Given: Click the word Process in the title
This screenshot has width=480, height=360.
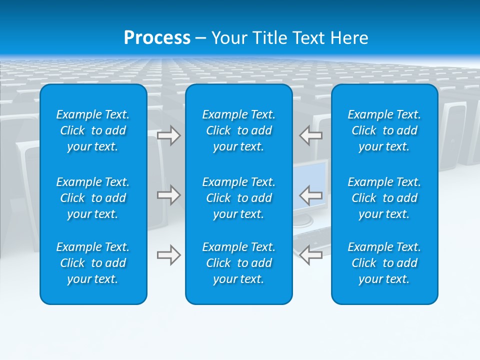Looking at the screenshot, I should pyautogui.click(x=157, y=38).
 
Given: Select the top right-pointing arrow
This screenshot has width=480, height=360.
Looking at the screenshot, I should pyautogui.click(x=169, y=135).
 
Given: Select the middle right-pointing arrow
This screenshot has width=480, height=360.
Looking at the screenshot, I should pyautogui.click(x=169, y=195).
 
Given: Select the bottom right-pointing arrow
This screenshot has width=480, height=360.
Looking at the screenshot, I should pyautogui.click(x=169, y=255).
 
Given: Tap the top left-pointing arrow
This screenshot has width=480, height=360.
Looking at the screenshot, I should pyautogui.click(x=311, y=135).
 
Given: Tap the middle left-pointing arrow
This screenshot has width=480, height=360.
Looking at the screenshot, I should pyautogui.click(x=311, y=195).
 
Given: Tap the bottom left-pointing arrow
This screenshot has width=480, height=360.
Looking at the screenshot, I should pyautogui.click(x=311, y=255).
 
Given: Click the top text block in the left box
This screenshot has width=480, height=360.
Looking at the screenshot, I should pyautogui.click(x=93, y=130).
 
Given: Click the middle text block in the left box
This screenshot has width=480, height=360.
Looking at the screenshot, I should pyautogui.click(x=93, y=198).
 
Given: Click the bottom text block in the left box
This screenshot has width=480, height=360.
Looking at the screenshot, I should pyautogui.click(x=93, y=263).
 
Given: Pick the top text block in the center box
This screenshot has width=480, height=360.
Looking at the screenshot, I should pyautogui.click(x=239, y=130).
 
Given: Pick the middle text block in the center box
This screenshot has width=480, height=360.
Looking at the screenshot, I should pyautogui.click(x=239, y=198).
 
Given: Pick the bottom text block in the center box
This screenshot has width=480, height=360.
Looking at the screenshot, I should pyautogui.click(x=239, y=263).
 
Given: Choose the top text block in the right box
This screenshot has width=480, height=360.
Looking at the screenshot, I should pyautogui.click(x=384, y=130).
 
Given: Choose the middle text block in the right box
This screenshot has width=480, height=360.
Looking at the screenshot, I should pyautogui.click(x=384, y=198).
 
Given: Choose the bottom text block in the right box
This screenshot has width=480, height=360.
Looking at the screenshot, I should pyautogui.click(x=384, y=263).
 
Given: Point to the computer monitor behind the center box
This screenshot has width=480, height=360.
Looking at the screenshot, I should pyautogui.click(x=310, y=180).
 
